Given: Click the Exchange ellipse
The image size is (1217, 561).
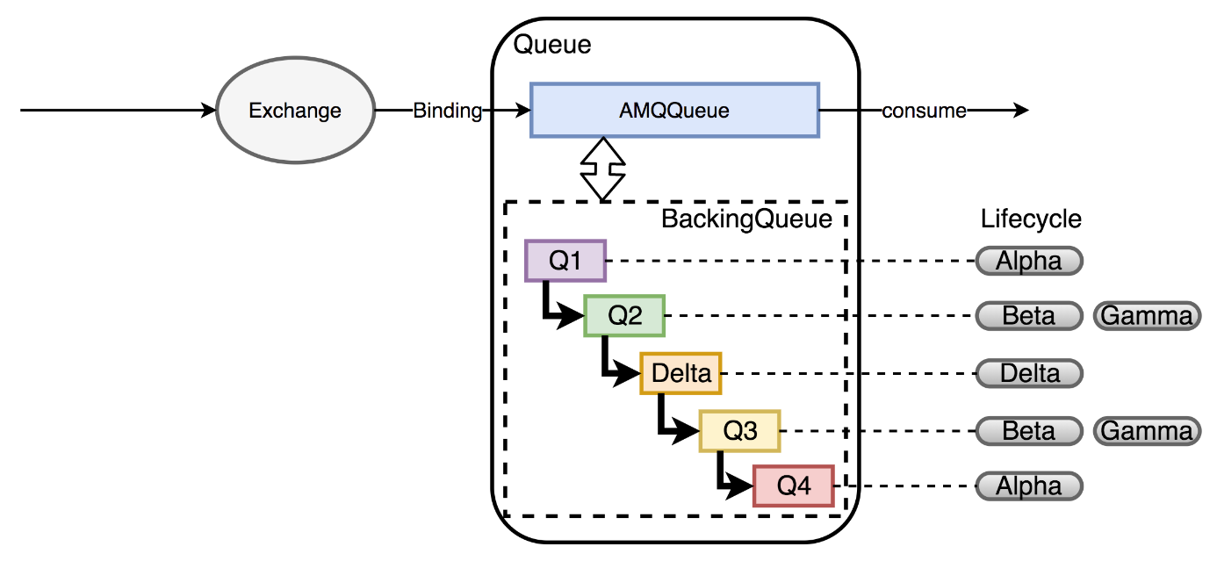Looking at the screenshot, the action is pos(296,111).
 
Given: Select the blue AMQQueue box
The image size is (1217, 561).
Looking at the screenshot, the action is pos(674,111).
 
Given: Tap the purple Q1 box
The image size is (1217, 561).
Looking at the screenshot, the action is pos(565,261).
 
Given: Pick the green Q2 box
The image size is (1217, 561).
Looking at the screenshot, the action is pos(624,315).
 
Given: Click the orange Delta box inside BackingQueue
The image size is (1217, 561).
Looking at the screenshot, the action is pos(681,373).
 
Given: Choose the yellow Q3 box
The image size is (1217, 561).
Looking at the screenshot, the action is pos(740,431).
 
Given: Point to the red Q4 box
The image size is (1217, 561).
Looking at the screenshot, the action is pos(794,486).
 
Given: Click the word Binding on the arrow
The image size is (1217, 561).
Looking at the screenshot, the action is pos(448,111).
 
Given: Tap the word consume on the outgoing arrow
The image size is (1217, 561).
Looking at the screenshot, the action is pos(924,111).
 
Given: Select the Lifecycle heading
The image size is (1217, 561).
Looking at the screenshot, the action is pos(1031,219).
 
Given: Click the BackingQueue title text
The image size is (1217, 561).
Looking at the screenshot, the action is pos(747,219).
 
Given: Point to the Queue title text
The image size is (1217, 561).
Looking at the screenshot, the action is pos(552,45).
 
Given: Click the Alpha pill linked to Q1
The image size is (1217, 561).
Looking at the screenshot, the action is pos(1030,261).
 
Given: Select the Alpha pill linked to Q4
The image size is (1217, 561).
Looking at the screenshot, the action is pos(1030,486).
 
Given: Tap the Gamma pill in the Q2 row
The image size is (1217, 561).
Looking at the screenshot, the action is pos(1147,315).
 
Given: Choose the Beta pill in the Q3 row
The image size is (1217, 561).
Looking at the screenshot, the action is pos(1030,431).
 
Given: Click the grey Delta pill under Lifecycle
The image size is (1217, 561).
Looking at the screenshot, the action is pos(1030,373).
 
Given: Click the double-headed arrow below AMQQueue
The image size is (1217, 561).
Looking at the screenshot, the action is pos(603,169).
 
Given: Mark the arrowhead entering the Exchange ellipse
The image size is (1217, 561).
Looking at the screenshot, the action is pos(209,111).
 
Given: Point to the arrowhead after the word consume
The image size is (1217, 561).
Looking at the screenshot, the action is pos(1021,111).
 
